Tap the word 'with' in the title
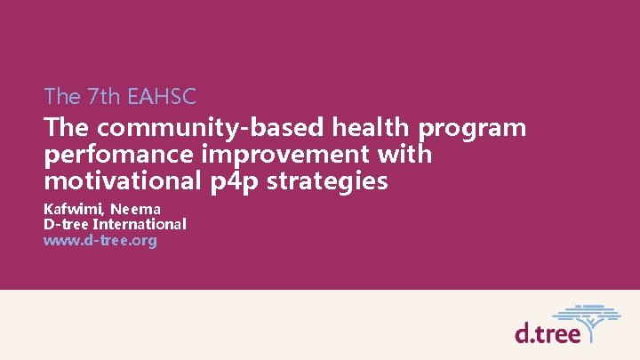coord(404,155)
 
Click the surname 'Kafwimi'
coord(73,210)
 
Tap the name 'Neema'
coord(135,210)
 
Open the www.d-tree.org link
coord(100,240)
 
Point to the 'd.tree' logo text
coord(548,332)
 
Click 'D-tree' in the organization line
coord(64,225)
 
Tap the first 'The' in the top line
coord(62,95)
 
